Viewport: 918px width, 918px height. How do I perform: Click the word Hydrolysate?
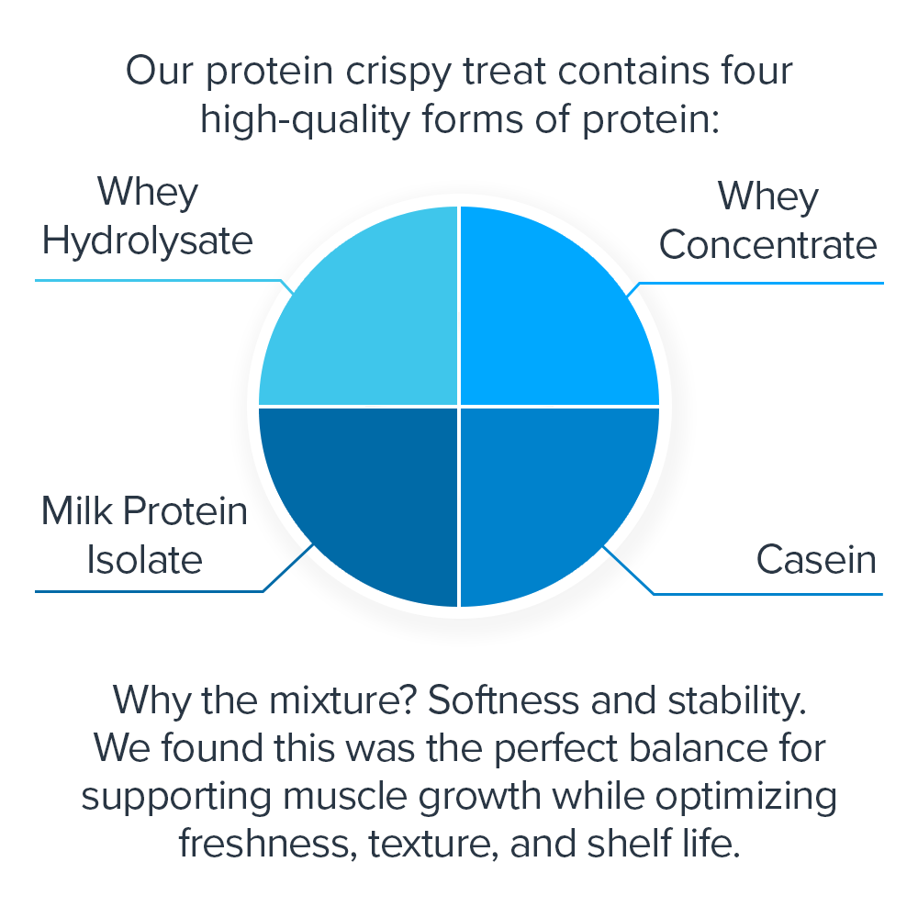click(147, 241)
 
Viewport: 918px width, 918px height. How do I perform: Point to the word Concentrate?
click(768, 245)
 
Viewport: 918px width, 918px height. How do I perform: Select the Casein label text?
click(816, 559)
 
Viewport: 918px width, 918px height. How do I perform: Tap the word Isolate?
click(144, 559)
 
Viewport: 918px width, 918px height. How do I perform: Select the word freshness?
click(266, 844)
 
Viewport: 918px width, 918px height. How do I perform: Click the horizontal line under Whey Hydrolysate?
click(156, 279)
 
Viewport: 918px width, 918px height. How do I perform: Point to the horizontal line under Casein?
click(767, 594)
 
